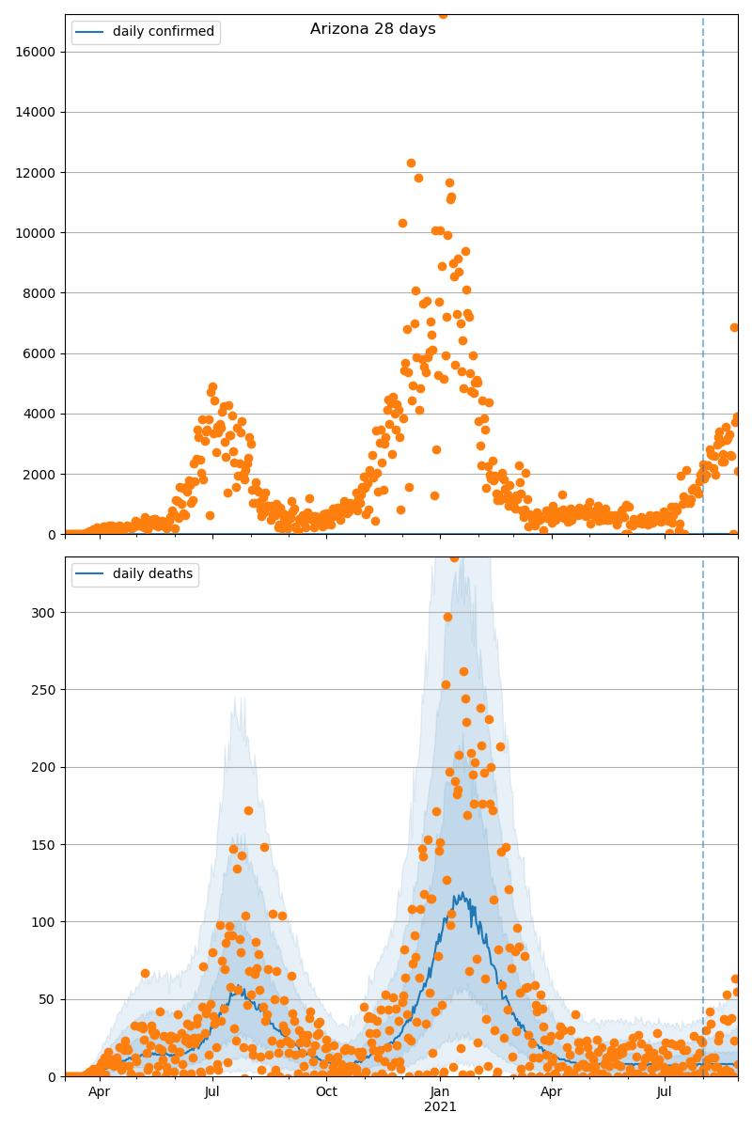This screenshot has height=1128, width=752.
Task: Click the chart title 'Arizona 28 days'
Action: [373, 29]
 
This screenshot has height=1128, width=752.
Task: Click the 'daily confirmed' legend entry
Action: [164, 32]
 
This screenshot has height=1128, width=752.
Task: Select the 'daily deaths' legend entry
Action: [152, 574]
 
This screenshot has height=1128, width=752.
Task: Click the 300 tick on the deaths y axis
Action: [45, 613]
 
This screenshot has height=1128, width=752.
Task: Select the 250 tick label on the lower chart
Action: [45, 690]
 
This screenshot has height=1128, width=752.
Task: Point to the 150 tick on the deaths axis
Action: [45, 845]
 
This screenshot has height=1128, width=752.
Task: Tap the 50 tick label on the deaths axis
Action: [49, 999]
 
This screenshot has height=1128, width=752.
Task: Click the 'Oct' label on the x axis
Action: [326, 1091]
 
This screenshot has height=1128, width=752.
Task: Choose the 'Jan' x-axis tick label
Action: [440, 1091]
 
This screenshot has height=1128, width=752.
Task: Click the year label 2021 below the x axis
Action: [440, 1106]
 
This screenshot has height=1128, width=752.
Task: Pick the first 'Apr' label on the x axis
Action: [99, 1091]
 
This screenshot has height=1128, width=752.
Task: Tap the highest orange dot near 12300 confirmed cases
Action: [411, 163]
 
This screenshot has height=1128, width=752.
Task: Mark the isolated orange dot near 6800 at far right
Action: [734, 327]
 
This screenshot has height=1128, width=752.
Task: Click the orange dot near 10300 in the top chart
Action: [402, 223]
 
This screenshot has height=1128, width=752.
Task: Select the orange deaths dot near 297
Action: [447, 617]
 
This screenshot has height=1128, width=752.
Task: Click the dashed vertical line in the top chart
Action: [703, 282]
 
